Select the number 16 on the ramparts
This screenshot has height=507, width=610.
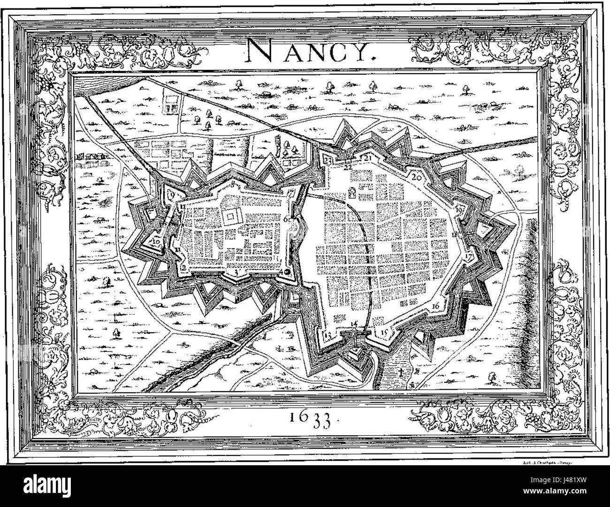[x=435, y=306]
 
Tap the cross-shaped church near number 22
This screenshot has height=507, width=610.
[x=351, y=192]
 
